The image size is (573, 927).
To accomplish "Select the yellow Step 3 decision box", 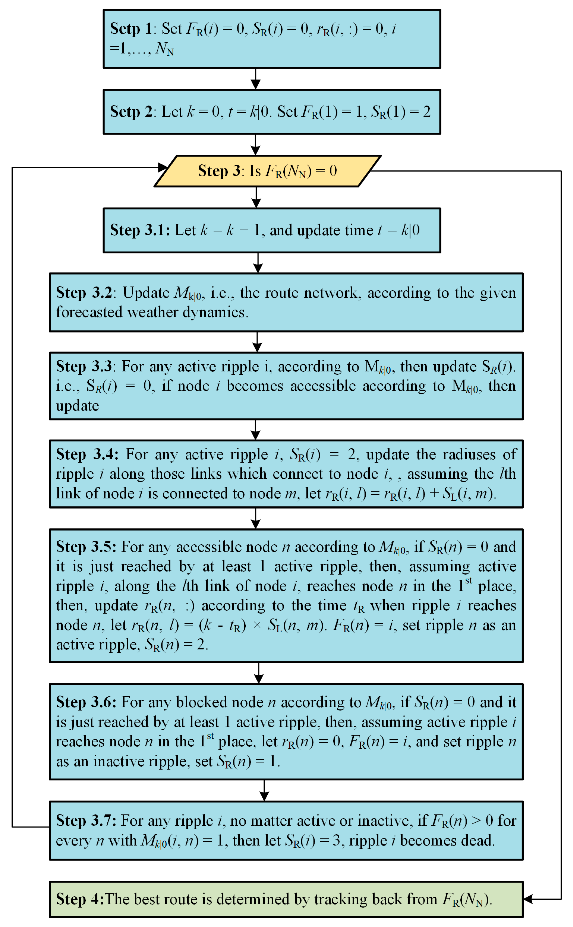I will pos(267,171).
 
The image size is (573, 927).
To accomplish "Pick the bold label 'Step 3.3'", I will pos(84,366).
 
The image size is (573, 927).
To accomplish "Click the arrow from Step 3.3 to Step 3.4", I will pos(256,430).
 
